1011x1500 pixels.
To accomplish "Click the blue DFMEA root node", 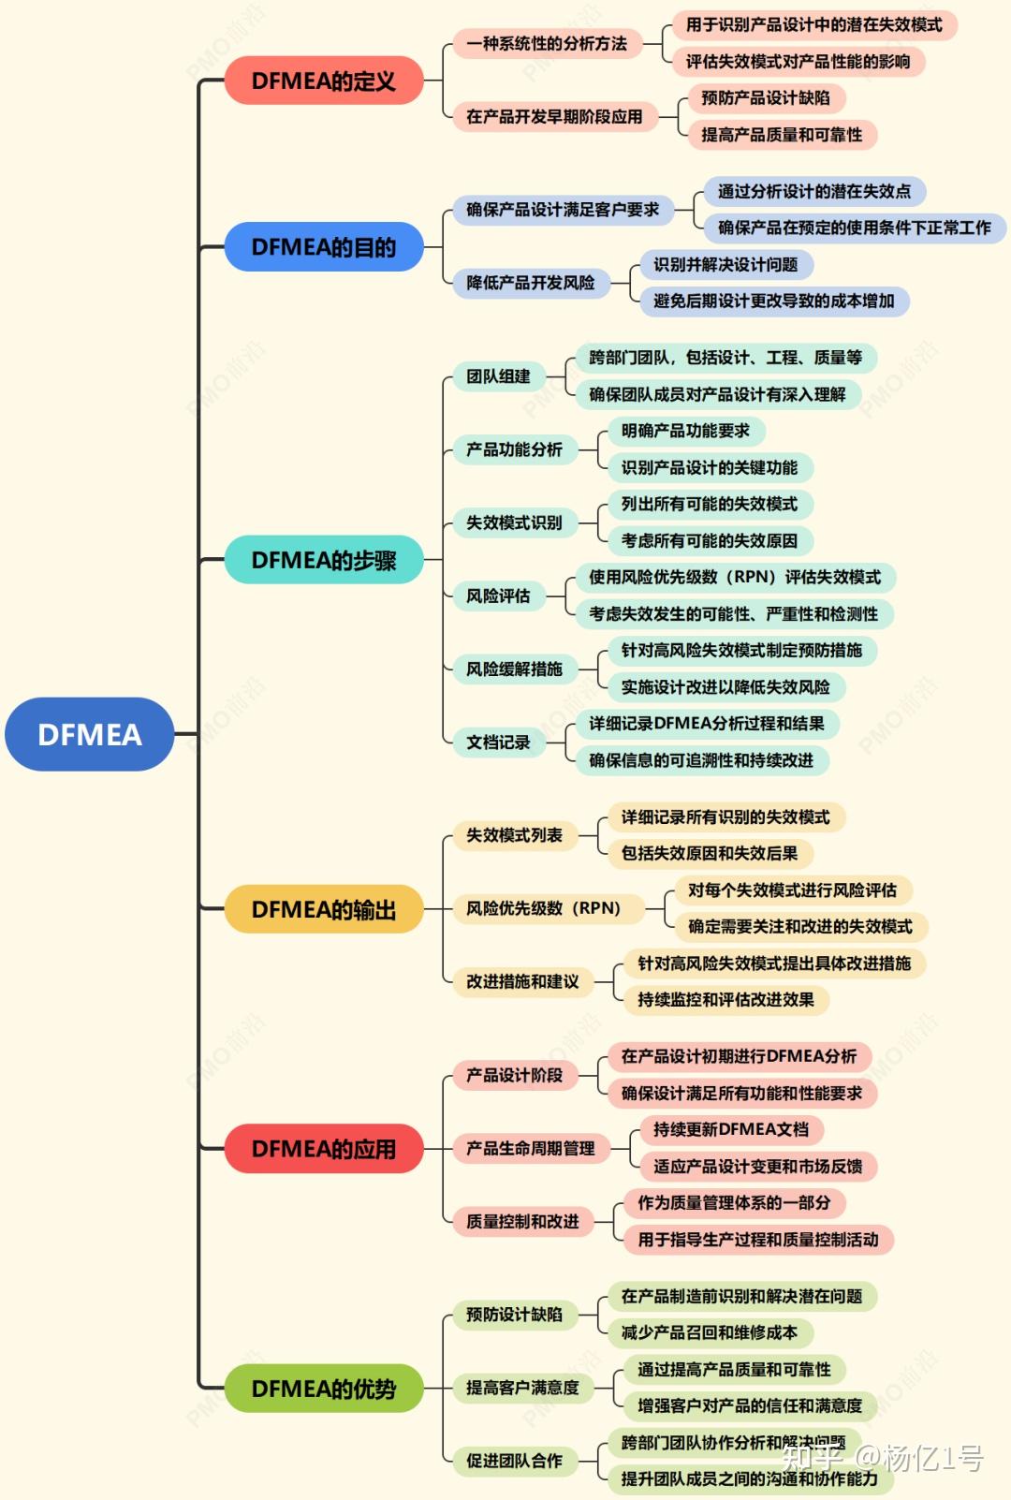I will tap(90, 734).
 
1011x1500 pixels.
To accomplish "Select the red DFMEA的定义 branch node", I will tap(324, 81).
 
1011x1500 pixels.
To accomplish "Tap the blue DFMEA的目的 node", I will tap(324, 247).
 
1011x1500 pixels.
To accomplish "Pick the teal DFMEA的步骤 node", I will tap(324, 560).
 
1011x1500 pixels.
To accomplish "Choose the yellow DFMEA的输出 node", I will tap(324, 909).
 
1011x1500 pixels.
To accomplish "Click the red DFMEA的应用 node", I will tap(324, 1149).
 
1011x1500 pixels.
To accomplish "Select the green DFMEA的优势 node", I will tap(324, 1389).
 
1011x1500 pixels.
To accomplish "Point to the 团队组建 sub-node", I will tap(498, 376).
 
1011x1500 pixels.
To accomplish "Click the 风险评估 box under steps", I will tap(498, 596).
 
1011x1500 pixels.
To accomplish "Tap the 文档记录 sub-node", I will tap(498, 743).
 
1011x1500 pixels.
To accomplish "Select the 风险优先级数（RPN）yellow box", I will tap(544, 908).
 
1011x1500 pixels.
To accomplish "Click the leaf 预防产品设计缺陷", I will tap(766, 98).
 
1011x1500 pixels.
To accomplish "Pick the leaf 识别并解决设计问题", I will tap(725, 265).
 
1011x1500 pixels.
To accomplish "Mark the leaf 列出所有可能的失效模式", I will tap(710, 504).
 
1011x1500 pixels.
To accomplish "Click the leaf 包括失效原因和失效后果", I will tap(710, 853).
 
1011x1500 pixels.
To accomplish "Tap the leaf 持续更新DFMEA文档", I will tap(731, 1129).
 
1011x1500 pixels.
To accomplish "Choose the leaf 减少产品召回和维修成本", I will tap(710, 1332).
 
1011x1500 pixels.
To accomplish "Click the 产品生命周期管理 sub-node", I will tap(531, 1148).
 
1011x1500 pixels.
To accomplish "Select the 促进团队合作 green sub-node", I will tap(514, 1461).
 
